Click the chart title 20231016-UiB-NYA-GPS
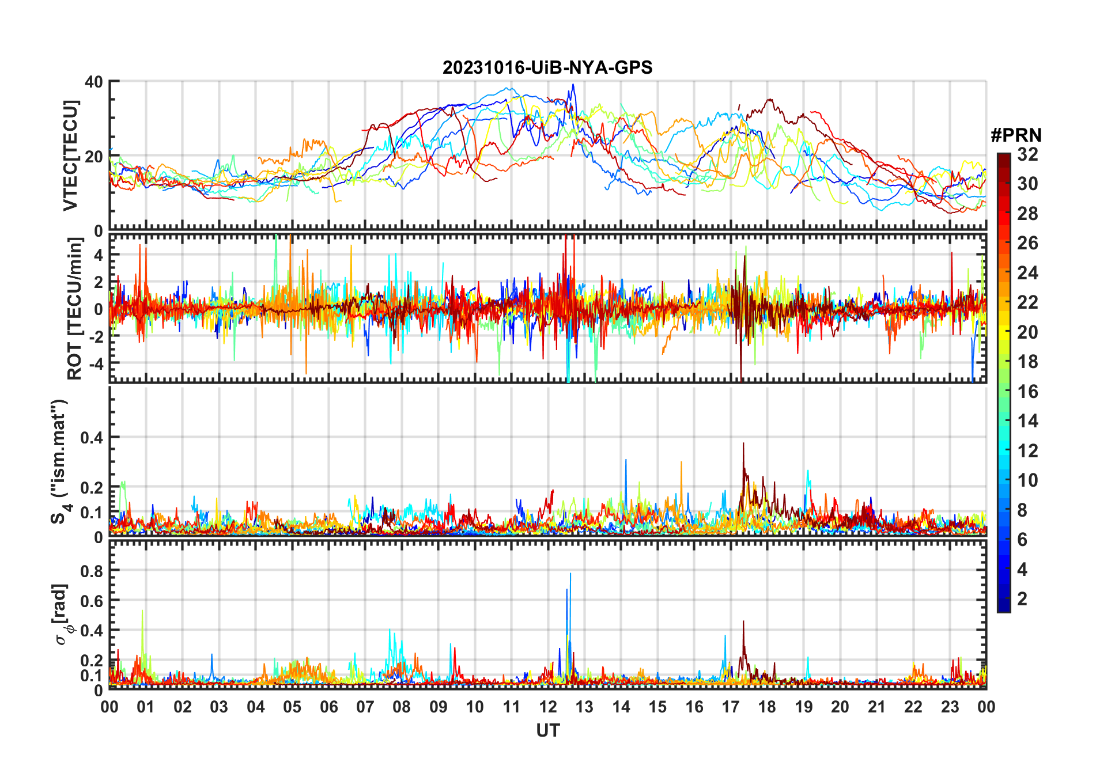pyautogui.click(x=547, y=67)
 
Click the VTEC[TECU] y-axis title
pyautogui.click(x=70, y=156)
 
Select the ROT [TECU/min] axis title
pyautogui.click(x=75, y=308)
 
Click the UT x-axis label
pyautogui.click(x=547, y=730)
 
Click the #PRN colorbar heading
pyautogui.click(x=1016, y=135)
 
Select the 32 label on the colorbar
pyautogui.click(x=1027, y=154)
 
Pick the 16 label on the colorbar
pyautogui.click(x=1027, y=392)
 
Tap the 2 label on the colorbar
pyautogui.click(x=1022, y=599)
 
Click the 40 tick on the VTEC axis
pyautogui.click(x=94, y=82)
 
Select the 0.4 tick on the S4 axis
pyautogui.click(x=91, y=437)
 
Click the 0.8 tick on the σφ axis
pyautogui.click(x=91, y=571)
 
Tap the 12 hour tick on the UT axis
pyautogui.click(x=548, y=707)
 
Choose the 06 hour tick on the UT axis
pyautogui.click(x=328, y=707)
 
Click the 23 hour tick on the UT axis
pyautogui.click(x=950, y=707)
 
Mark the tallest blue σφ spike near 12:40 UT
pyautogui.click(x=570, y=574)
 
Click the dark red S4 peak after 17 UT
pyautogui.click(x=743, y=443)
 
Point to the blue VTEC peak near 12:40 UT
pyautogui.click(x=573, y=85)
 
